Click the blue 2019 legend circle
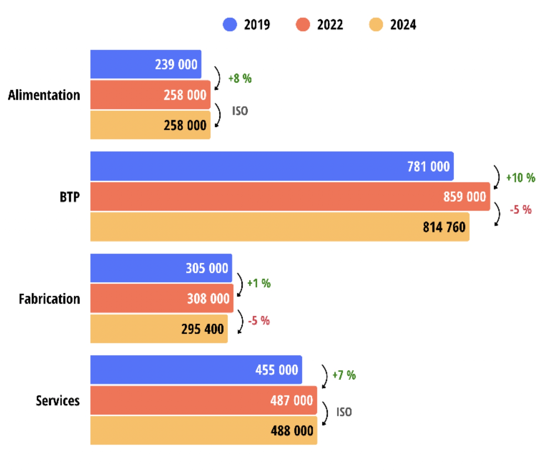point(230,25)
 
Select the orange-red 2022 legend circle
point(303,25)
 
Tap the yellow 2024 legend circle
point(376,25)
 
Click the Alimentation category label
point(44,95)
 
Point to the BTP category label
point(70,197)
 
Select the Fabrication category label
point(49,299)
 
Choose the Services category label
point(58,401)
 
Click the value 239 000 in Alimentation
point(176,64)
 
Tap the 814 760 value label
point(444,227)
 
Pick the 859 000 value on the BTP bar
point(464,197)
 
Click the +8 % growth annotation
point(240,78)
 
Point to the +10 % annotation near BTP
point(521,178)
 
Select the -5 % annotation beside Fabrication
point(259,321)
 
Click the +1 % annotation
point(259,283)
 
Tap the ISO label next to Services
point(344,412)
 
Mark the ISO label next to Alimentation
point(240,111)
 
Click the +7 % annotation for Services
point(344,375)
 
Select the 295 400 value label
point(202,329)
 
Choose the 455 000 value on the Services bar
point(276,370)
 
